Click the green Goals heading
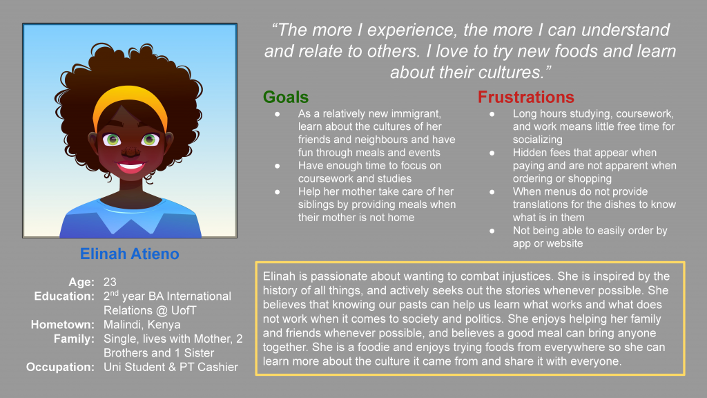[286, 97]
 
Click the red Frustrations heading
[526, 97]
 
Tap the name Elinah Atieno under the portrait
[130, 254]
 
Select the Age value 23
[110, 282]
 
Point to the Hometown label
[62, 325]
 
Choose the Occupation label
[60, 367]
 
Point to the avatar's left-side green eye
[113, 140]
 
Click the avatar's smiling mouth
[130, 167]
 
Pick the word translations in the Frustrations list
[540, 205]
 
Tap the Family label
[73, 339]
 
